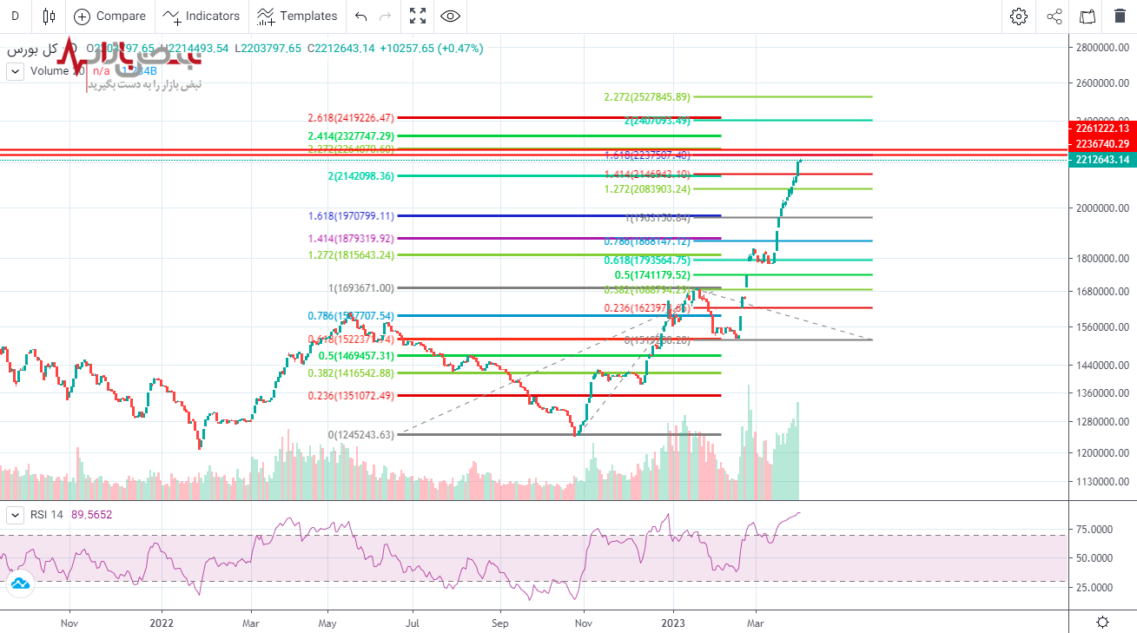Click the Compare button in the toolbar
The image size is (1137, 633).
click(110, 16)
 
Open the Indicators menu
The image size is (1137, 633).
click(202, 16)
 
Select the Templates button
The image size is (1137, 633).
click(298, 16)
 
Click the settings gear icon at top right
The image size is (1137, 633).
click(1019, 16)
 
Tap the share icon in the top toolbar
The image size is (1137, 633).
click(1054, 16)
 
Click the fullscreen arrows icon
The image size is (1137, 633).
click(418, 16)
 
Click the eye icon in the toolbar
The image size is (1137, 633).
click(450, 16)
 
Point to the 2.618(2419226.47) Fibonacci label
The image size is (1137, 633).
click(351, 117)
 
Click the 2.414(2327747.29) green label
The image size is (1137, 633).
click(351, 136)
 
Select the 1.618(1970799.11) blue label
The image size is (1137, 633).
click(351, 215)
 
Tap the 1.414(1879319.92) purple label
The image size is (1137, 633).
click(351, 238)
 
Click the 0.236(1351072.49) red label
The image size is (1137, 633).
click(351, 395)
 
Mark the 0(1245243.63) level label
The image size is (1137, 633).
click(360, 434)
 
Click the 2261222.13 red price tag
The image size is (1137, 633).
click(1101, 129)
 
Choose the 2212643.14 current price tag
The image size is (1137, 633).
click(1101, 160)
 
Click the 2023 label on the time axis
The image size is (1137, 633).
click(674, 623)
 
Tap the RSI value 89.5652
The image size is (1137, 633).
click(91, 515)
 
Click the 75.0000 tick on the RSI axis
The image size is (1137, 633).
click(1094, 529)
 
